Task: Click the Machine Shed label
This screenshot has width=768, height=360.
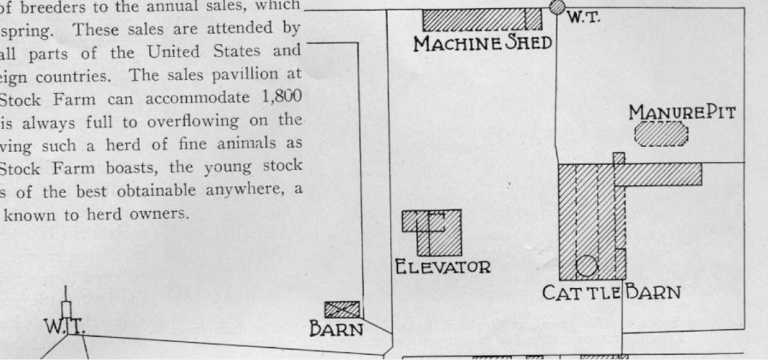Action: (x=482, y=44)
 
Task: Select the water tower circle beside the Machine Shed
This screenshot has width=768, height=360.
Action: (x=558, y=7)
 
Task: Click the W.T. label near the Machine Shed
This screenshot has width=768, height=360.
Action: (x=583, y=17)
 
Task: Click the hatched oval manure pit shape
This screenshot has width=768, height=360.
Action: (x=661, y=134)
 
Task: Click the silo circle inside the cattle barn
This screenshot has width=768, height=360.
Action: (x=586, y=266)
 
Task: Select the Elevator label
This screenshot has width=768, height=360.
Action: (x=443, y=266)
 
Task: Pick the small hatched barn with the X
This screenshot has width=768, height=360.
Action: (x=341, y=310)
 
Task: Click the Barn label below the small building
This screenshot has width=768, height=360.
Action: (x=336, y=330)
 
